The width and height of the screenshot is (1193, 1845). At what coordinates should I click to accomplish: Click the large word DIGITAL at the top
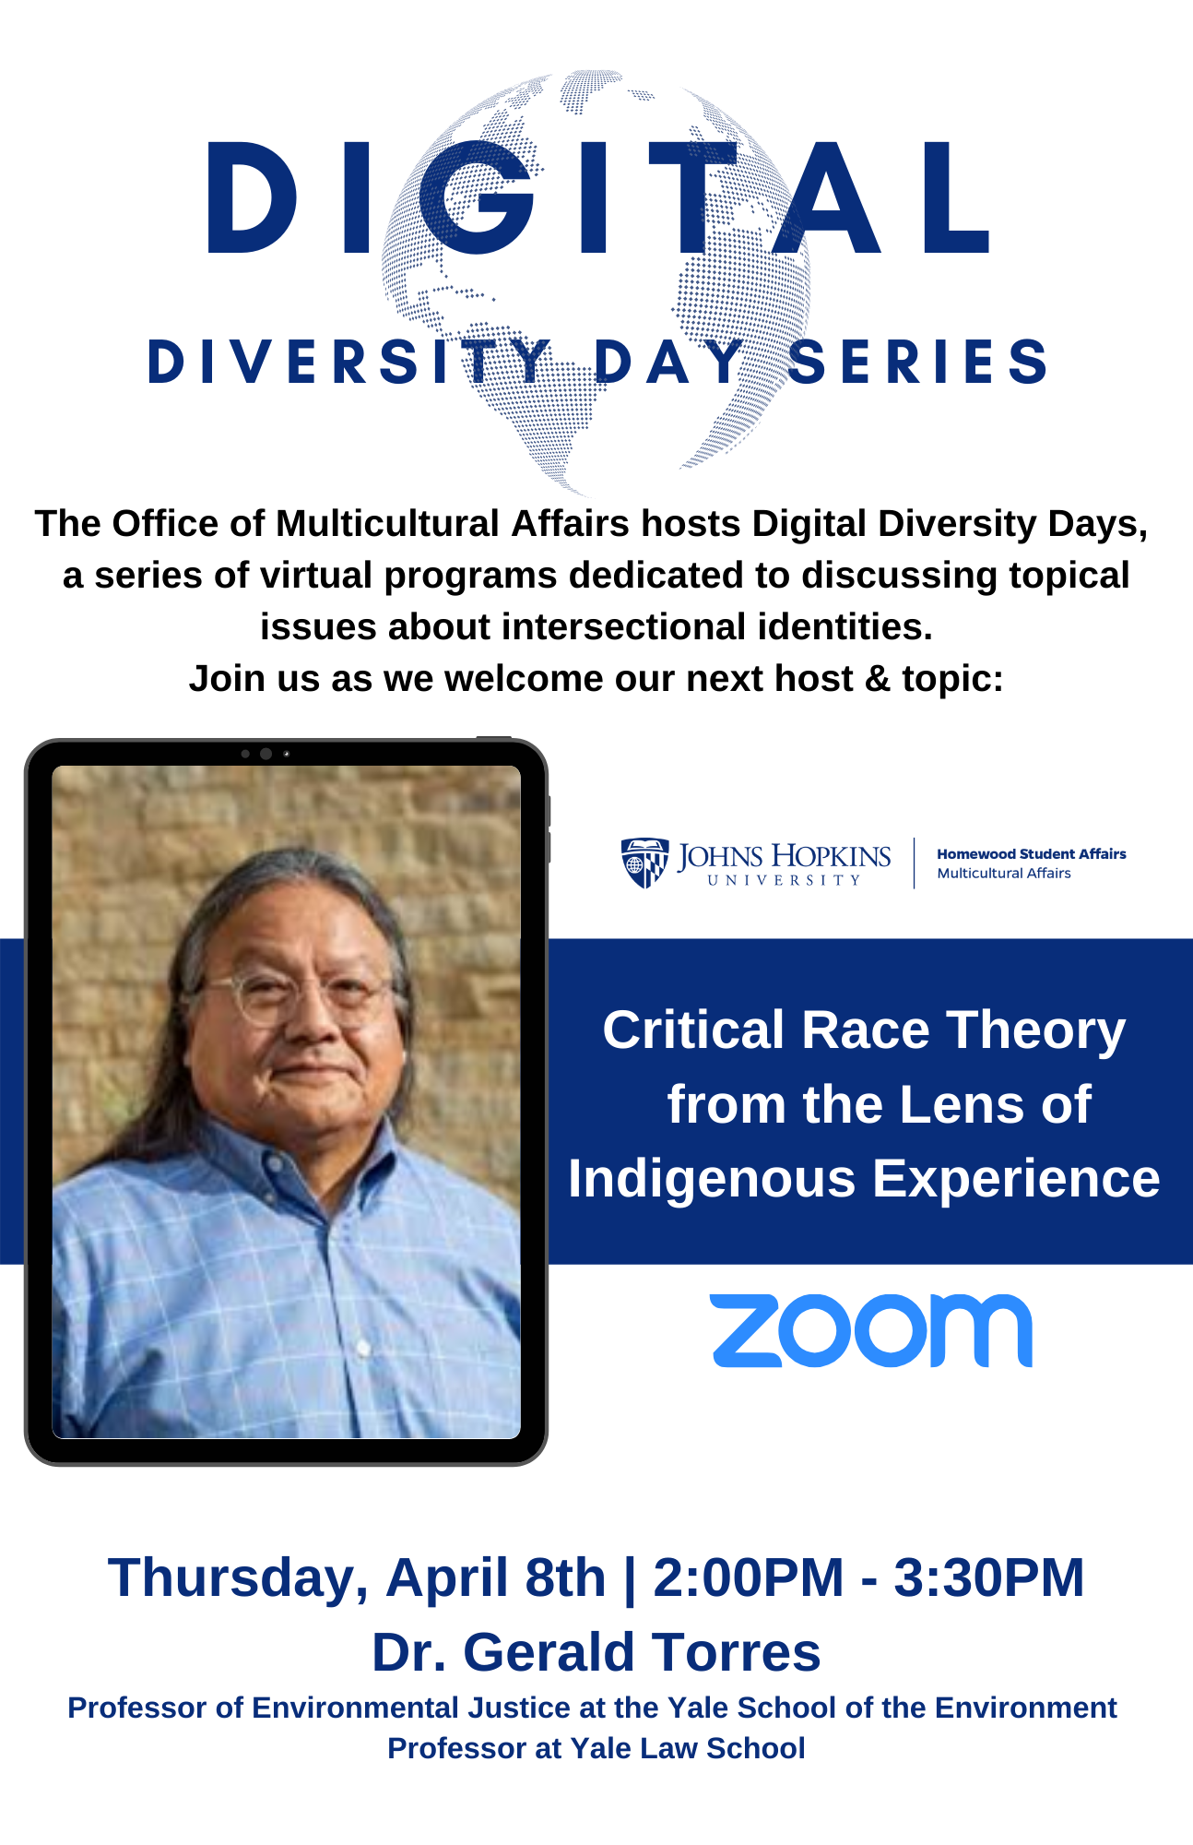pyautogui.click(x=598, y=197)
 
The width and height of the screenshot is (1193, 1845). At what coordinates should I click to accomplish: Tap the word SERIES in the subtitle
pyautogui.click(x=918, y=361)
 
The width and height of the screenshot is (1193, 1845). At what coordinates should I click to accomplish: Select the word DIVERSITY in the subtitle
pyautogui.click(x=348, y=361)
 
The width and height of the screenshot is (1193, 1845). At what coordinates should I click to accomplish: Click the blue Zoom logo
pyautogui.click(x=871, y=1330)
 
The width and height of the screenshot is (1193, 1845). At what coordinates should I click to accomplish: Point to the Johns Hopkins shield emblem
pyautogui.click(x=644, y=863)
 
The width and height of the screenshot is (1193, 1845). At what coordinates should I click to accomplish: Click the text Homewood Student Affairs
pyautogui.click(x=1032, y=854)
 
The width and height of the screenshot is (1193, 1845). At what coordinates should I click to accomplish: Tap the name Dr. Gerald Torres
pyautogui.click(x=596, y=1651)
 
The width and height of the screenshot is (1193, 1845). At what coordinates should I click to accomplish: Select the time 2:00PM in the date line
pyautogui.click(x=748, y=1577)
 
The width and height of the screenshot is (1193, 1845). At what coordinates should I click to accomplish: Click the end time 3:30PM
pyautogui.click(x=988, y=1577)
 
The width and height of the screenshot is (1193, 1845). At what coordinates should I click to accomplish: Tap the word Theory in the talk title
pyautogui.click(x=1036, y=1031)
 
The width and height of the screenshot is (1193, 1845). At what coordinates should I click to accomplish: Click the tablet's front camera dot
pyautogui.click(x=266, y=754)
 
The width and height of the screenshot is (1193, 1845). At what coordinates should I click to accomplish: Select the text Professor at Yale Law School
pyautogui.click(x=596, y=1748)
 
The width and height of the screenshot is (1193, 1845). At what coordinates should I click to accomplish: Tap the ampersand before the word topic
pyautogui.click(x=878, y=679)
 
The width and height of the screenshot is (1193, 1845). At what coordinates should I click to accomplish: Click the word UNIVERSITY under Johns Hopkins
pyautogui.click(x=784, y=880)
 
